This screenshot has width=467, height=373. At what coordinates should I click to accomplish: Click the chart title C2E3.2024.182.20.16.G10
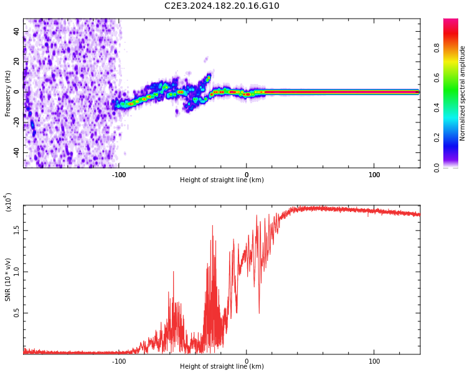222,6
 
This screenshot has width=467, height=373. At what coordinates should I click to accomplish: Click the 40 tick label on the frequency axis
16,31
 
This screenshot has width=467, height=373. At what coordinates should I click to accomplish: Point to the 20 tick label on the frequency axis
16,62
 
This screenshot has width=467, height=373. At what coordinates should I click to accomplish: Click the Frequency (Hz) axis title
8,93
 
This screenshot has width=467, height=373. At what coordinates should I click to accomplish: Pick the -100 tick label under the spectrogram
119,175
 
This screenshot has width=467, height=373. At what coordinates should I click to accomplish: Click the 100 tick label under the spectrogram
374,175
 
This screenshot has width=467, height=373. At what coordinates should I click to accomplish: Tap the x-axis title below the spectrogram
222,180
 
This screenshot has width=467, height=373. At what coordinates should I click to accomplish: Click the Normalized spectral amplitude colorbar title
463,93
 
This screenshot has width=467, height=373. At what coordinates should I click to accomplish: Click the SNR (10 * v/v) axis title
8,280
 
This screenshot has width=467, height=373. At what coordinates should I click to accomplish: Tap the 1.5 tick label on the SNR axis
16,229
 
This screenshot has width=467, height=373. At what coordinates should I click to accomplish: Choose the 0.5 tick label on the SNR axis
16,313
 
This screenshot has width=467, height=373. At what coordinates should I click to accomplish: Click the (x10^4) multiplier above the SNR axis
8,202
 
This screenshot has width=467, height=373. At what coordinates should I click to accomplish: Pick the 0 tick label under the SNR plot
247,361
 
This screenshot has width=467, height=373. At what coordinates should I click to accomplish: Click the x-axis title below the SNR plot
222,367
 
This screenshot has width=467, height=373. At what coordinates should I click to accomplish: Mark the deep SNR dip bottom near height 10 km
259,313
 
